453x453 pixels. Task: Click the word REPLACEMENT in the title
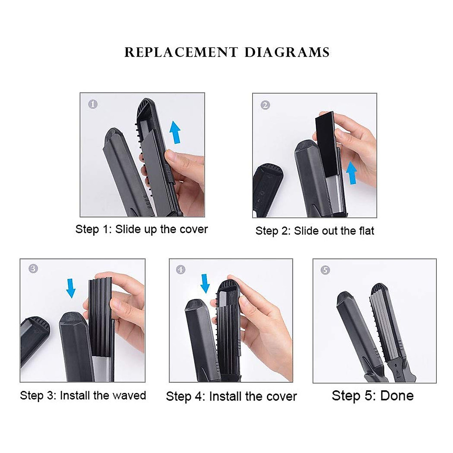tap(181, 52)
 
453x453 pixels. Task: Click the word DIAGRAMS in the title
tap(287, 52)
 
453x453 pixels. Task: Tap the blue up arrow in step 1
tap(174, 132)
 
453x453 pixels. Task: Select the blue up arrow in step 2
tap(351, 173)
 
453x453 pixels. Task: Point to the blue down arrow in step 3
tap(71, 288)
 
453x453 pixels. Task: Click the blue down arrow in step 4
tap(205, 284)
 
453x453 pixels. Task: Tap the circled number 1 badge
tap(93, 104)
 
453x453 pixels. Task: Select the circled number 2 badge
tap(265, 105)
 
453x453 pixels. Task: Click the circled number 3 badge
tap(33, 268)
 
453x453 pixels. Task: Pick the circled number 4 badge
tap(181, 270)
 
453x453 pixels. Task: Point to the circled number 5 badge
tap(325, 270)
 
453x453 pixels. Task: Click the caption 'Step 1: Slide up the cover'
tap(142, 230)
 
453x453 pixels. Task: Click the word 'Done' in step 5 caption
tap(397, 396)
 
